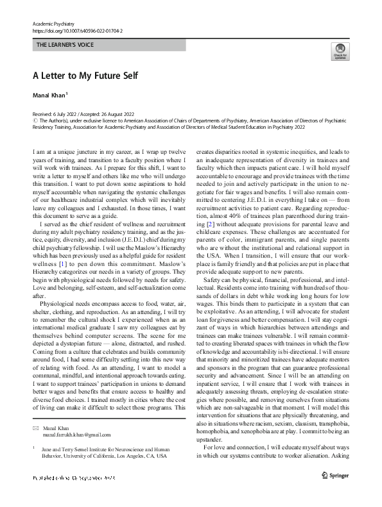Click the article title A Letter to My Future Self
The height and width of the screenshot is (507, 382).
coord(85,75)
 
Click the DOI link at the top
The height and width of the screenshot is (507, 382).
coord(77,30)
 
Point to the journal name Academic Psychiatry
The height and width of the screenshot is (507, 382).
coord(53,23)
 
